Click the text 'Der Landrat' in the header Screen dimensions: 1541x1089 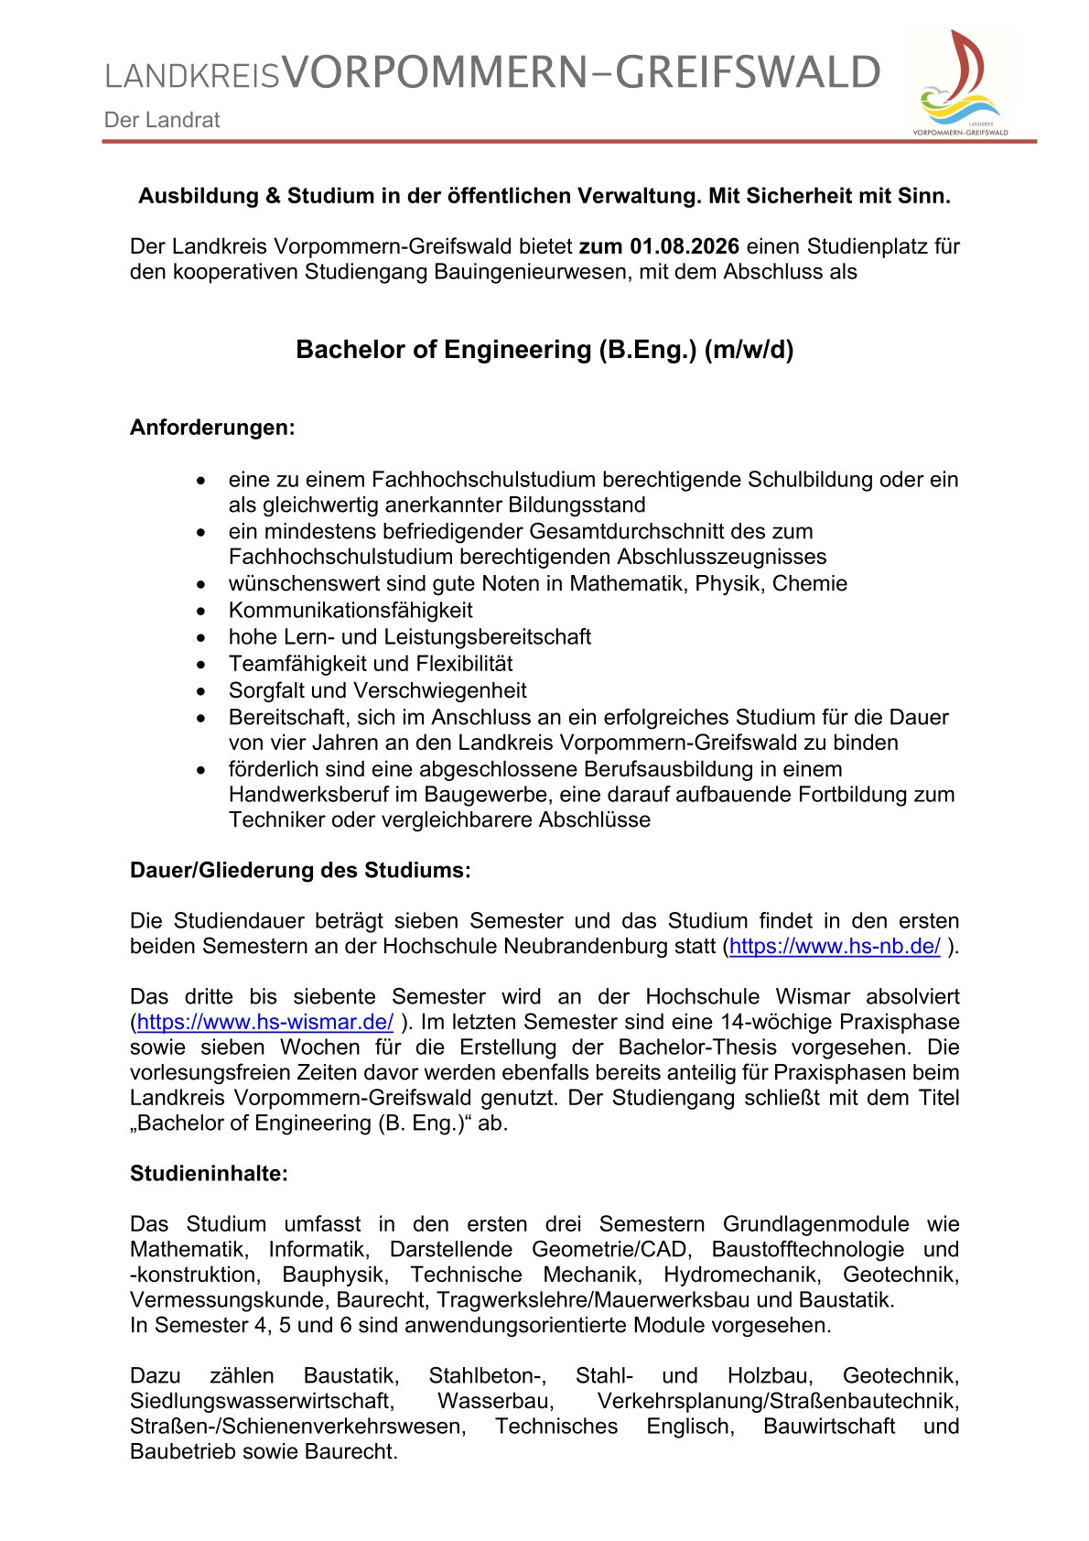[x=162, y=120]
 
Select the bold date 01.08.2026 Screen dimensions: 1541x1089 [x=685, y=246]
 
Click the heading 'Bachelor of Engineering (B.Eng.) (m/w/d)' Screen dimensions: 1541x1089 [x=544, y=350]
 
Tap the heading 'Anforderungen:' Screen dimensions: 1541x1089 [x=212, y=428]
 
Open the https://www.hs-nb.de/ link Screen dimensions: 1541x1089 [x=835, y=947]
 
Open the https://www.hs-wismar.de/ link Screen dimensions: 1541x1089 [x=265, y=1022]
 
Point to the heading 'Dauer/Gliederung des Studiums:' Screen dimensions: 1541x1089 [x=300, y=870]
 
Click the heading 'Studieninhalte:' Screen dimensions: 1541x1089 [x=209, y=1174]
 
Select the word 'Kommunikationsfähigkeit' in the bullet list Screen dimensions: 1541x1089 [x=350, y=611]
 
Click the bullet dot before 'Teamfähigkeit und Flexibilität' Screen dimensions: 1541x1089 [x=201, y=665]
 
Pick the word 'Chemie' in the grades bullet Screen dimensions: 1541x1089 [x=810, y=584]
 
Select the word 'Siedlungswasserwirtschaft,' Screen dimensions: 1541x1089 [x=262, y=1401]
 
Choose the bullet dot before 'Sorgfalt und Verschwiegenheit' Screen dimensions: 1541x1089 [x=201, y=691]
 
